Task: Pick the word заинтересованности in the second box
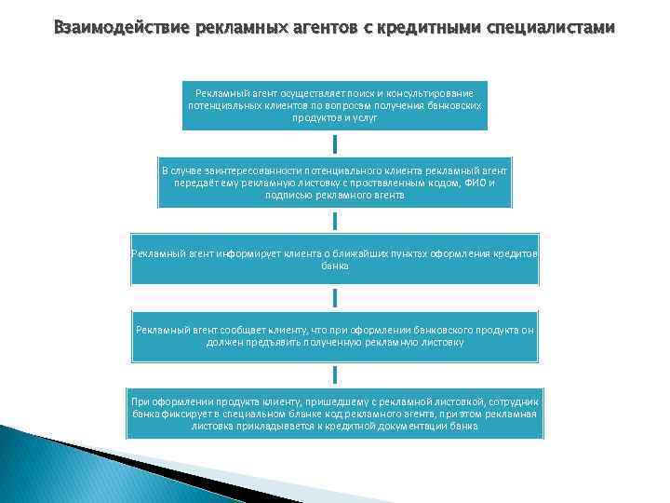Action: click(x=253, y=171)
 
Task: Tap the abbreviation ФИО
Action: click(x=474, y=184)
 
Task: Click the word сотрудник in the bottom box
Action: click(x=511, y=401)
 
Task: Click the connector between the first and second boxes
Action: click(x=335, y=144)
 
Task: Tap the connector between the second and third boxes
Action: click(x=335, y=221)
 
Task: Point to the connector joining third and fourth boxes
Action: click(x=335, y=297)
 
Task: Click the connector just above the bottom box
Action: click(x=335, y=374)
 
